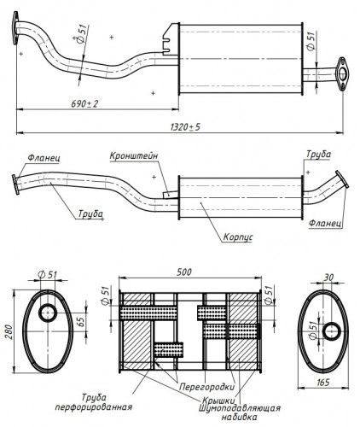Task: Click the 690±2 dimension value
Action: pyautogui.click(x=84, y=104)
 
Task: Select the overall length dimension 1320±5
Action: pyautogui.click(x=185, y=127)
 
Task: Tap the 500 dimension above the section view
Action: pyautogui.click(x=184, y=272)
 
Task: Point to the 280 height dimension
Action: pyautogui.click(x=9, y=331)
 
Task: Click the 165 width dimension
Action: pyautogui.click(x=322, y=383)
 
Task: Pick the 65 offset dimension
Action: pyautogui.click(x=81, y=322)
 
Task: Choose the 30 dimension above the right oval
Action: pyautogui.click(x=328, y=278)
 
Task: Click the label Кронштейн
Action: pyautogui.click(x=134, y=156)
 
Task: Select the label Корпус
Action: pyautogui.click(x=238, y=237)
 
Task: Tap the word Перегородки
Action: pyautogui.click(x=207, y=387)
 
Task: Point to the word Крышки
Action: pyautogui.click(x=218, y=401)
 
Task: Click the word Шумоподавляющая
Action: pyautogui.click(x=240, y=408)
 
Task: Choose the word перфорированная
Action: pyautogui.click(x=94, y=407)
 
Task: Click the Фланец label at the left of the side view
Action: pyautogui.click(x=44, y=158)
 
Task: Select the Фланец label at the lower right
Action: pyautogui.click(x=325, y=223)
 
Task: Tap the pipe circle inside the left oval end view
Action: pyautogui.click(x=48, y=313)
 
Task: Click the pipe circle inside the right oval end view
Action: pyautogui.click(x=332, y=331)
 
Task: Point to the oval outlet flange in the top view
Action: pyautogui.click(x=342, y=74)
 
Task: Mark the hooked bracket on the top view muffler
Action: pyautogui.click(x=170, y=39)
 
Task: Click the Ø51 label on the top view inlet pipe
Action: pyautogui.click(x=81, y=37)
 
